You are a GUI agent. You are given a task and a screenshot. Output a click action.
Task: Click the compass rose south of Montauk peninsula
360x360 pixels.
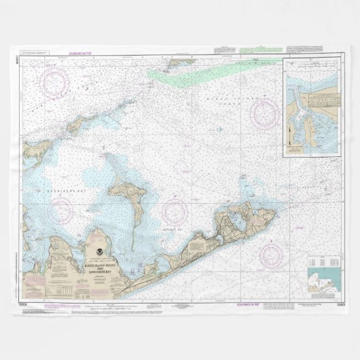click(x=272, y=255)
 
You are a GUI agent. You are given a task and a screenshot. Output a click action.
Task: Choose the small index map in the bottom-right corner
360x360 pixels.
click(x=322, y=279)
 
